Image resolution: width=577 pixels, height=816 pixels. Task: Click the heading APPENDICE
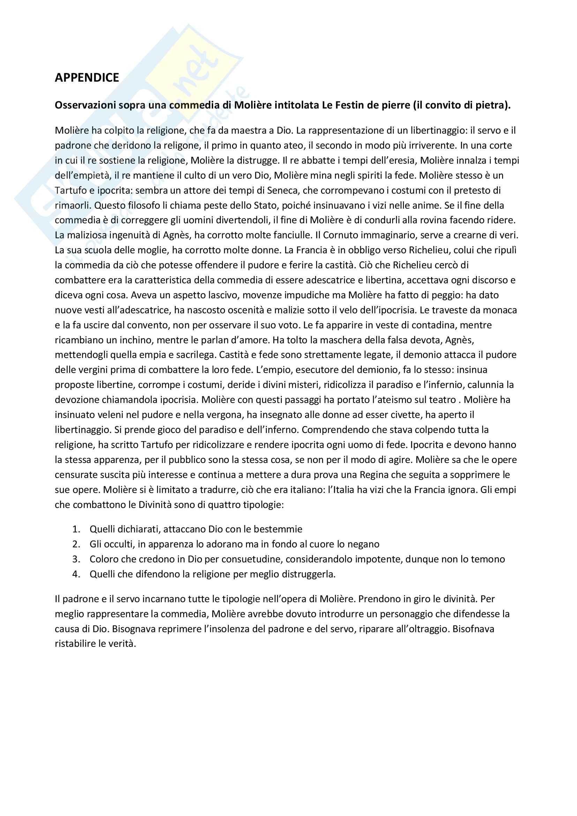click(x=87, y=77)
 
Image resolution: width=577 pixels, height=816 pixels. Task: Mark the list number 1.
click(x=76, y=529)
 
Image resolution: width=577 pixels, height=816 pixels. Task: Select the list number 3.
click(x=76, y=559)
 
